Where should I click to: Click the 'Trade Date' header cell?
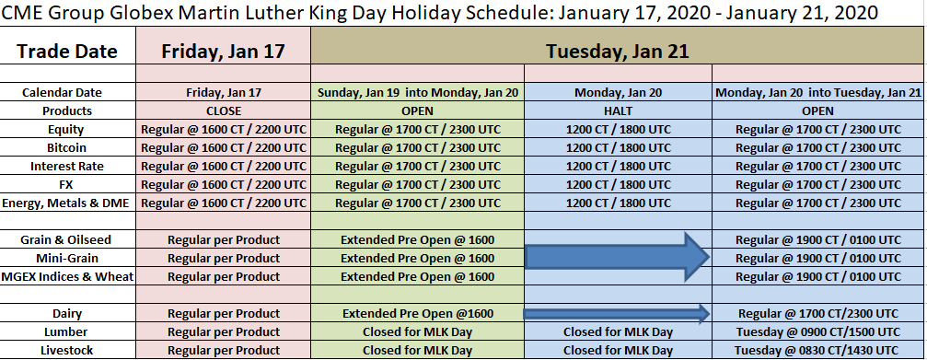(x=67, y=51)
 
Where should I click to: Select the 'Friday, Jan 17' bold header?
(x=224, y=51)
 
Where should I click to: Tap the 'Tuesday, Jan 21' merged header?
(x=618, y=51)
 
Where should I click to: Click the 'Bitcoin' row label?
(x=67, y=148)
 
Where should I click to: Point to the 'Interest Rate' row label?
(x=67, y=166)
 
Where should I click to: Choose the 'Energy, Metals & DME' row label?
(x=65, y=203)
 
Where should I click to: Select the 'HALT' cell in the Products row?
(x=618, y=111)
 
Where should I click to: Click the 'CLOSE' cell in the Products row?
(x=224, y=111)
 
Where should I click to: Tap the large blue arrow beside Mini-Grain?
(x=617, y=257)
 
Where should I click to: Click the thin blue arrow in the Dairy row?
(x=617, y=313)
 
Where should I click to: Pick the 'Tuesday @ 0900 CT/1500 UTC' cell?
(x=818, y=331)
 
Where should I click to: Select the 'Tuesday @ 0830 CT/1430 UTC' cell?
(x=818, y=350)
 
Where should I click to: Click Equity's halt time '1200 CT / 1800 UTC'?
(x=619, y=130)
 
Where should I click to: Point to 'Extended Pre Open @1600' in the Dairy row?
(x=417, y=313)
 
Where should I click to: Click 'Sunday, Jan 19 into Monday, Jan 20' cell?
(x=417, y=93)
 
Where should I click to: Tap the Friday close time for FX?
(x=224, y=185)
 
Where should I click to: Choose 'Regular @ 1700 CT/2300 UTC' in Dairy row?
(x=818, y=313)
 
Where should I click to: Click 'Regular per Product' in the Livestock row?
(x=224, y=350)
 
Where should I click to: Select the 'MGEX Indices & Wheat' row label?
(x=67, y=276)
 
